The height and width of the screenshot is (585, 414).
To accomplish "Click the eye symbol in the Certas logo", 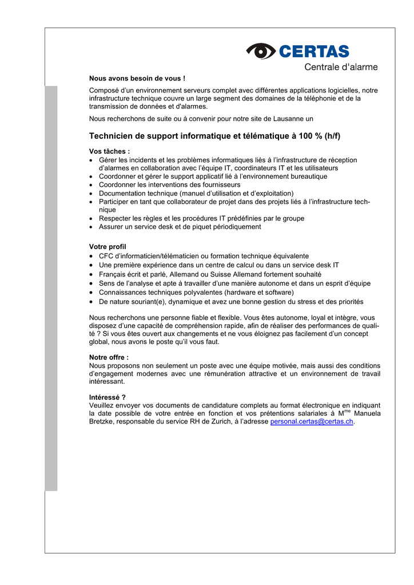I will [261, 51].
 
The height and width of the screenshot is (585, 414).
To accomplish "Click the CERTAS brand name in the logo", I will [314, 51].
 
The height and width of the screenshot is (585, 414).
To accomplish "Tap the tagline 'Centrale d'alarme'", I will [341, 67].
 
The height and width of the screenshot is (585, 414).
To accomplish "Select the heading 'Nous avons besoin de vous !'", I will [137, 78].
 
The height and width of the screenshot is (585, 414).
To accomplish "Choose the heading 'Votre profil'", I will [108, 247].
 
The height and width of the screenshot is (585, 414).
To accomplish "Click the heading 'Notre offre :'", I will [109, 357].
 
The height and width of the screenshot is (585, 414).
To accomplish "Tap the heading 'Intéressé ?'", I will [108, 397].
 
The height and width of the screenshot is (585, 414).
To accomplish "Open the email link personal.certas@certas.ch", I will [312, 422].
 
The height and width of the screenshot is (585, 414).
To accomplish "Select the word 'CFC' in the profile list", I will [107, 256].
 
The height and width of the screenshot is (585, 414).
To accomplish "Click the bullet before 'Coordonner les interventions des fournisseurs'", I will [92, 185].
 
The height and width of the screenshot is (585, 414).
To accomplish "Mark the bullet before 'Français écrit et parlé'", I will [92, 274].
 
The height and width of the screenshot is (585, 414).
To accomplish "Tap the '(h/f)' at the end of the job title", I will [332, 136].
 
